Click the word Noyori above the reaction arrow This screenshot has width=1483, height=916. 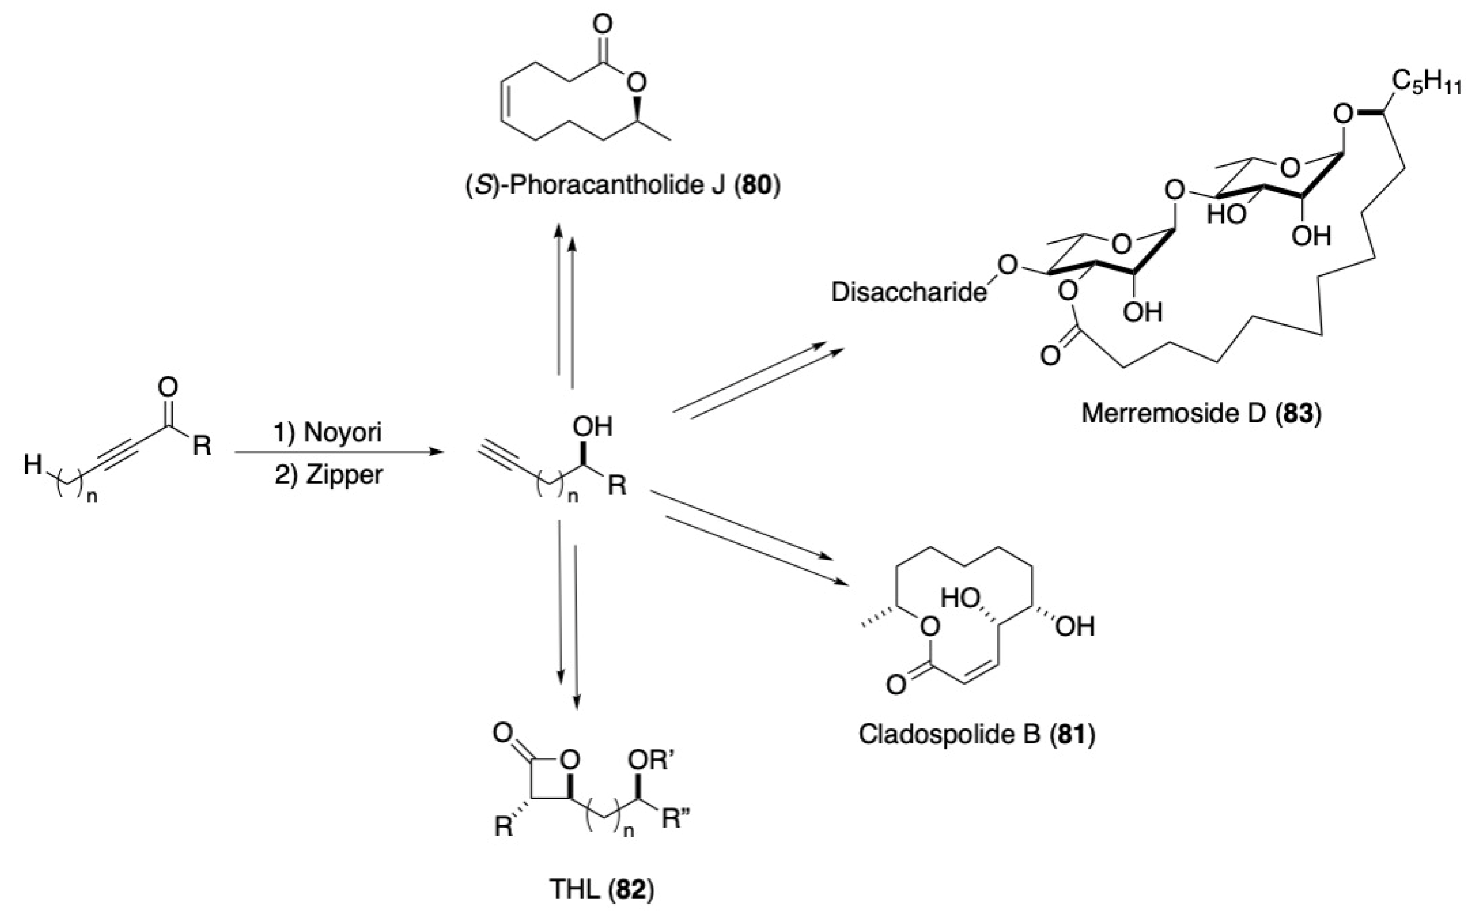pos(343,432)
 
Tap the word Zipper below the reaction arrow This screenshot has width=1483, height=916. pos(344,474)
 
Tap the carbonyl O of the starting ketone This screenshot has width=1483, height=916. pos(168,387)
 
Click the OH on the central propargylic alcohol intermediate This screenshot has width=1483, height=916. pos(592,427)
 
